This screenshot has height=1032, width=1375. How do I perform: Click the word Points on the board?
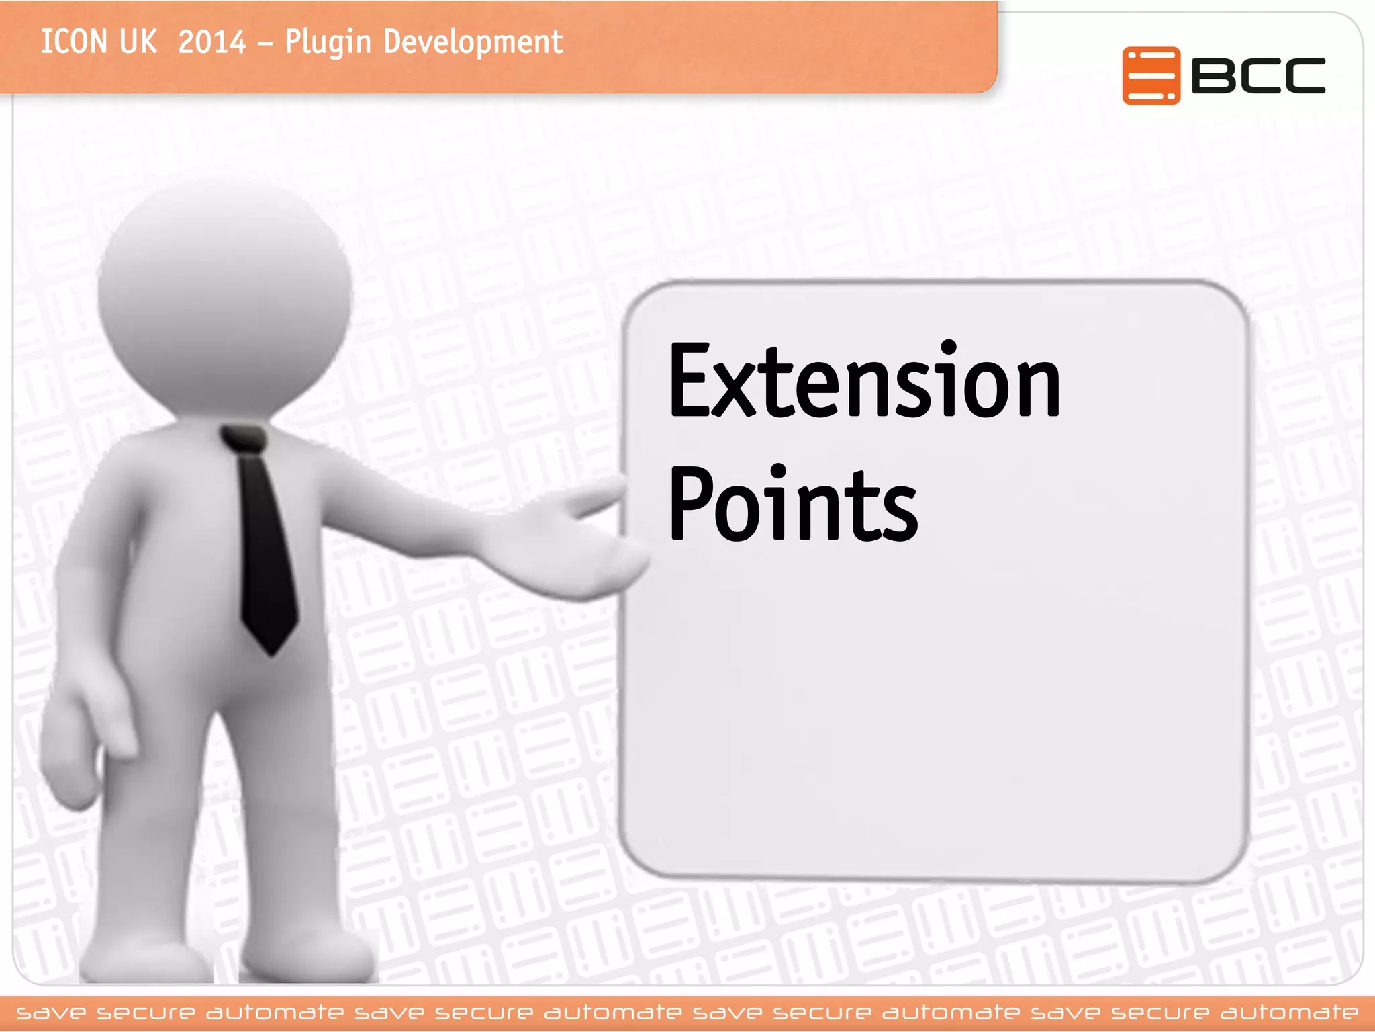(793, 504)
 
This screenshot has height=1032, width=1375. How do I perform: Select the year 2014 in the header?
(212, 42)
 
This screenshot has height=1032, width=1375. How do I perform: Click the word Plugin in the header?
(328, 43)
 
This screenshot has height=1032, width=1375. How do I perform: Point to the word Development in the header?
(473, 43)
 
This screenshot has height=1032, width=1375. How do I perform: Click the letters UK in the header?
(138, 42)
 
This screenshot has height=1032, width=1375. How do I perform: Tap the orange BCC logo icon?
(1150, 75)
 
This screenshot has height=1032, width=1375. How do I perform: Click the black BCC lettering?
(1258, 75)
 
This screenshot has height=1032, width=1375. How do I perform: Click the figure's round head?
(225, 296)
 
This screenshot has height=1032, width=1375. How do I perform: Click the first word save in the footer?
(51, 1013)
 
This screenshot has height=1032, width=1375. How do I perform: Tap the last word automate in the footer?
(1289, 1013)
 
